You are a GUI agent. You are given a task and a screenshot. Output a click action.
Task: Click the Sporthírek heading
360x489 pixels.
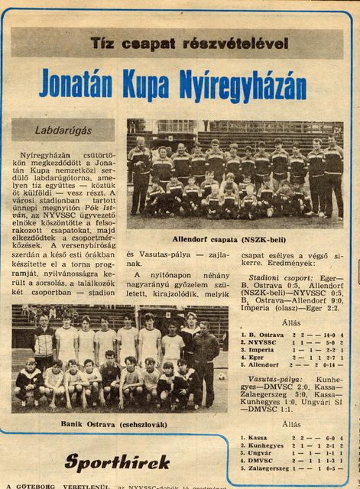(105, 461)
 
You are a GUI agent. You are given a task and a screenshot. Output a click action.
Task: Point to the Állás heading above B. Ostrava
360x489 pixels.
(291, 323)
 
